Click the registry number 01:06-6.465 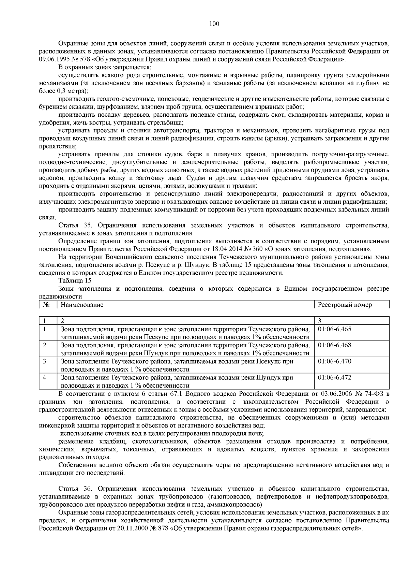pyautogui.click(x=334, y=329)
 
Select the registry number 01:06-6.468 pyautogui.click(x=334, y=345)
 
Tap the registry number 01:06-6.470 pyautogui.click(x=334, y=361)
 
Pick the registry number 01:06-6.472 pyautogui.click(x=334, y=377)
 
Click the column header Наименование pyautogui.click(x=82, y=305)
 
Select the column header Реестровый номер pyautogui.click(x=345, y=305)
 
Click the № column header pyautogui.click(x=47, y=305)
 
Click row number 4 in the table pyautogui.click(x=44, y=377)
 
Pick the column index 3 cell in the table pyautogui.click(x=319, y=320)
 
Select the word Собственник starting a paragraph pyautogui.click(x=76, y=465)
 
